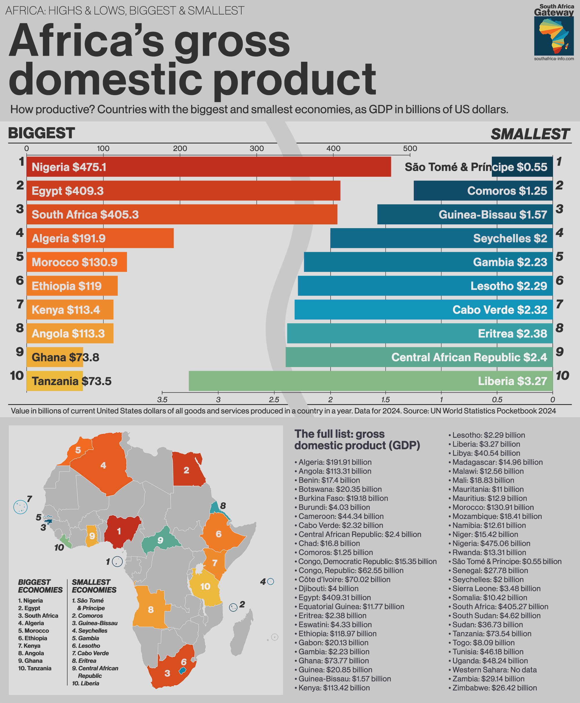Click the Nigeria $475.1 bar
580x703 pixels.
[209, 167]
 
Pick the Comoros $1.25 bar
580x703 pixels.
[483, 191]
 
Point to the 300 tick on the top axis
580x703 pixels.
[257, 149]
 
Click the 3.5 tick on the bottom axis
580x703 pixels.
[162, 399]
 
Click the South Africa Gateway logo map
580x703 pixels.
[554, 36]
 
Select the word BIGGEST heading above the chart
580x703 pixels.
[41, 133]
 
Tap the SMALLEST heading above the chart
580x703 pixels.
[530, 134]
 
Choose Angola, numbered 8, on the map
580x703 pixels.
[150, 609]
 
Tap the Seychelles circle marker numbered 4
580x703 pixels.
[271, 582]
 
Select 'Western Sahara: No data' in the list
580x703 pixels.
[494, 670]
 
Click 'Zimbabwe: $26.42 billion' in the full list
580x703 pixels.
[494, 688]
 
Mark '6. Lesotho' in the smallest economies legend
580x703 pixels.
[86, 646]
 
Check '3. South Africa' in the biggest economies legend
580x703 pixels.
[38, 615]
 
